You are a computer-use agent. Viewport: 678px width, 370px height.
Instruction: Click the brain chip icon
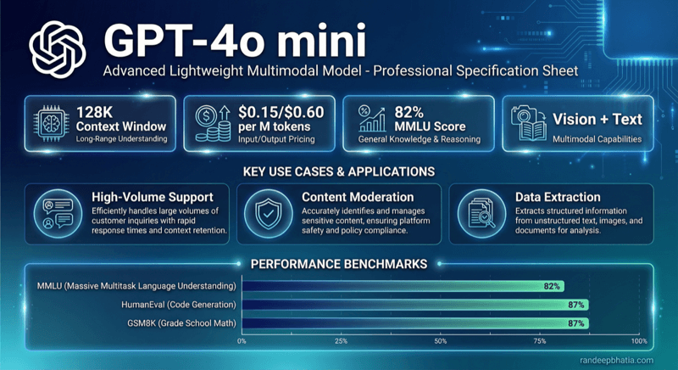[x=50, y=125]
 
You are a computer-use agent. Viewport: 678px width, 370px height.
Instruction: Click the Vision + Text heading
[x=597, y=120]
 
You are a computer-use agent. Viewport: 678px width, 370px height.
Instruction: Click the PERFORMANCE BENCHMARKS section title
[x=338, y=264]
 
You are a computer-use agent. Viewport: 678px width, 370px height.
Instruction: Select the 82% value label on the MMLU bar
[x=552, y=286]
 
